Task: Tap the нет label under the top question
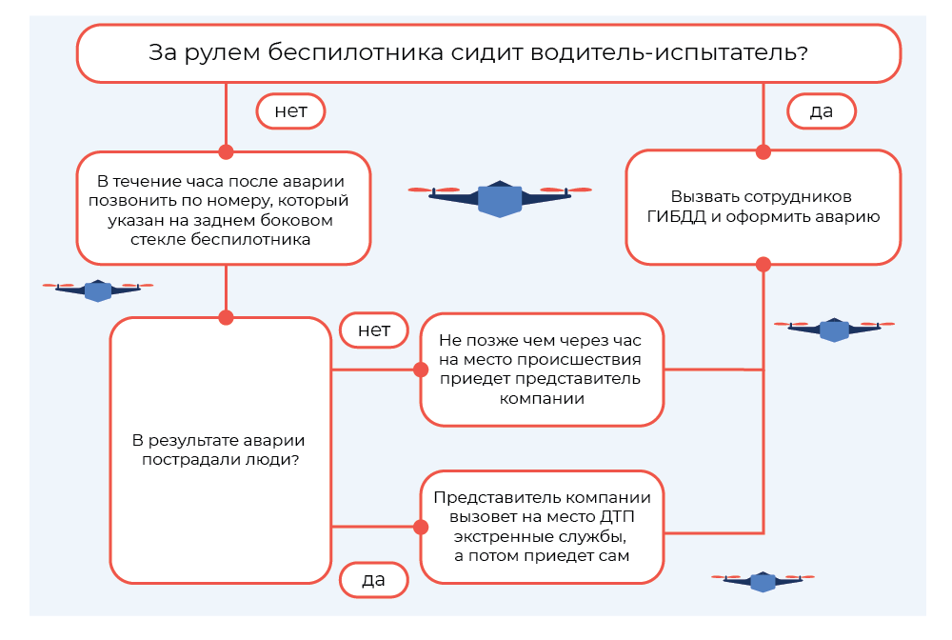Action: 290,111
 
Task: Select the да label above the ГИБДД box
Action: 821,111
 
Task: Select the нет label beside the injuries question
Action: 374,330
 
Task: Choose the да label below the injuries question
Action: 373,578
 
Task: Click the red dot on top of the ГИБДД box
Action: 763,151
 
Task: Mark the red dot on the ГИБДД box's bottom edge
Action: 763,264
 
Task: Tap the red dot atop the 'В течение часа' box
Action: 226,151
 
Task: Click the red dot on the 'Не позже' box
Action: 420,370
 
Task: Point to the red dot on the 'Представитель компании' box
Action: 420,526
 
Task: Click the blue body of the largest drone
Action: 500,199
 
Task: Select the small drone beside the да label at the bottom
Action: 763,581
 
